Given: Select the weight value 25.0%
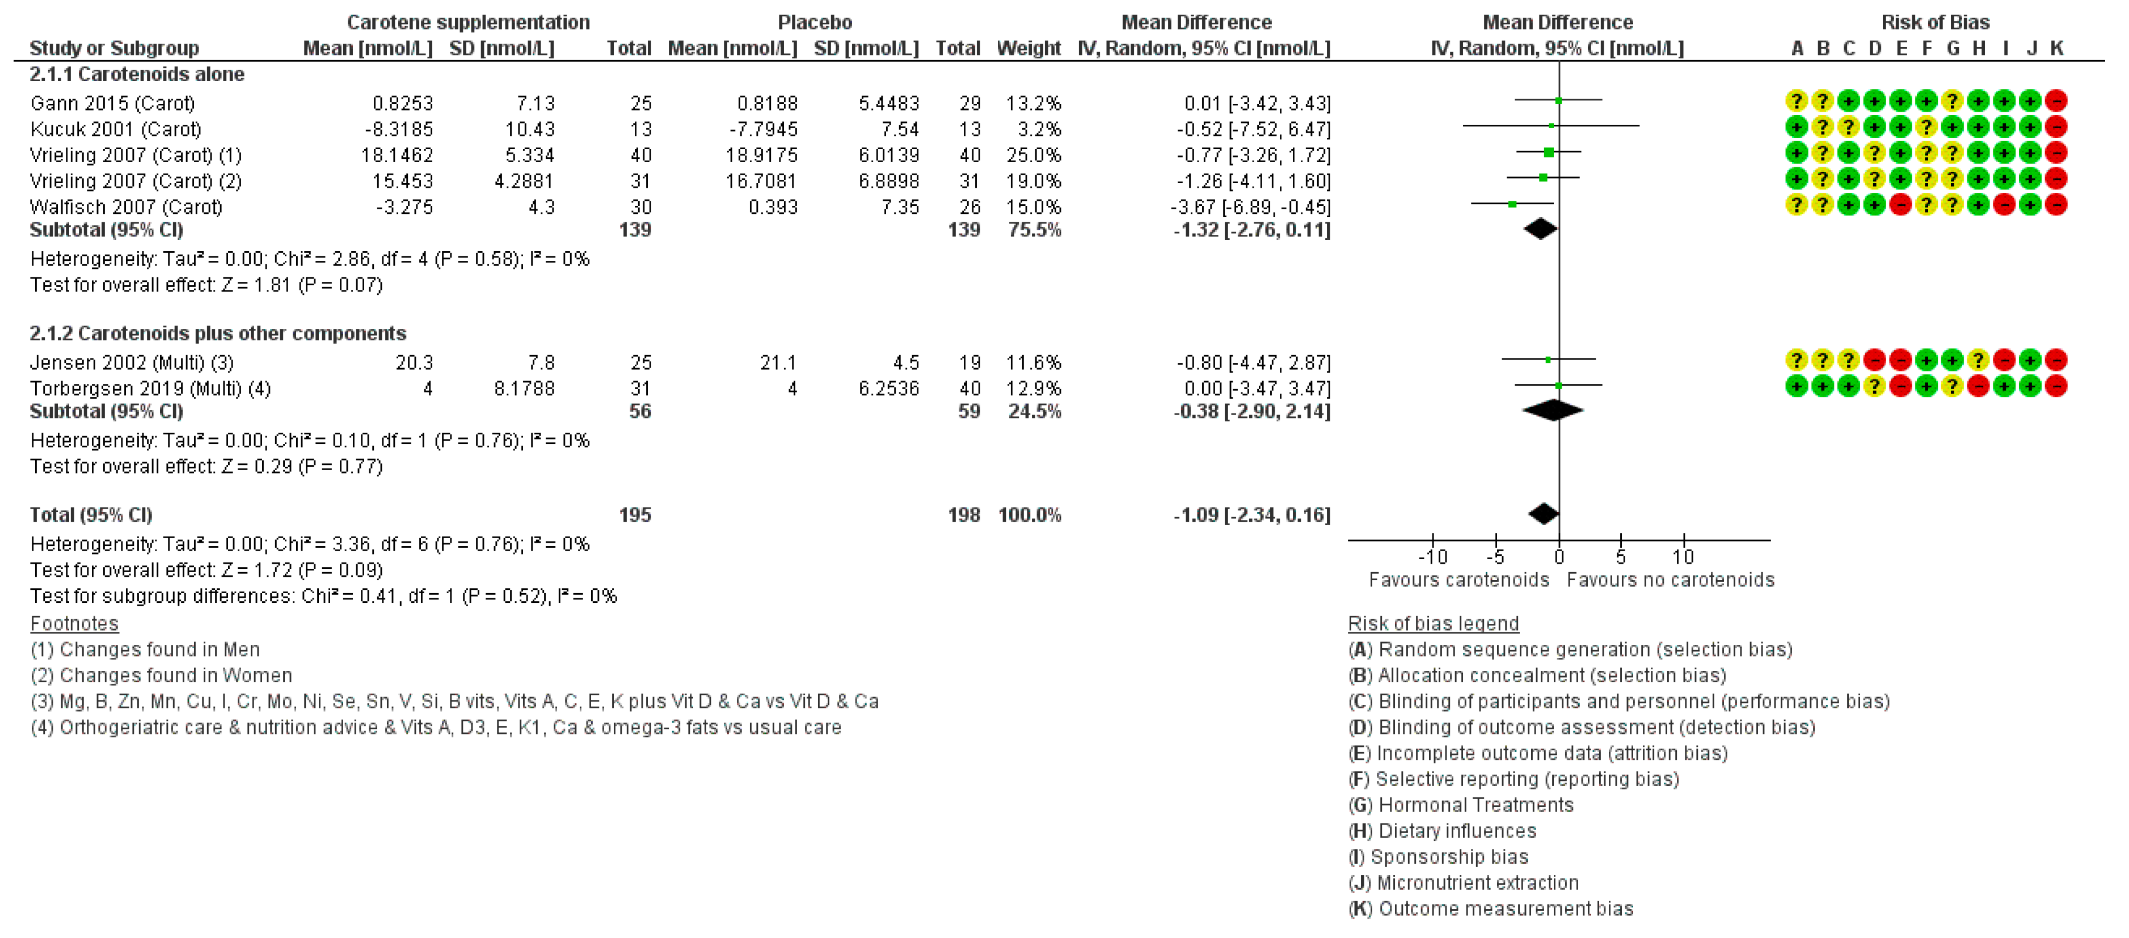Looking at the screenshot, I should [x=1033, y=155].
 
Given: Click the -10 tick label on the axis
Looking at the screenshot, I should [x=1432, y=557].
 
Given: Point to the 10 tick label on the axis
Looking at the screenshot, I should [x=1684, y=557].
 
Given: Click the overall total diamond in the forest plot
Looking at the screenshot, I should [x=1543, y=514].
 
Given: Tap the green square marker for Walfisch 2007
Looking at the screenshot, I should [x=1512, y=204].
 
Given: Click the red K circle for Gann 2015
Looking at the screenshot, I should [x=2056, y=101].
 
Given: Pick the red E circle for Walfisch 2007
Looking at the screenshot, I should [x=1900, y=204].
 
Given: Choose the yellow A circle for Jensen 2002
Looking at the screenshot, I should [x=1796, y=360].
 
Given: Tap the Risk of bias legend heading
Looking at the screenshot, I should [x=1433, y=623].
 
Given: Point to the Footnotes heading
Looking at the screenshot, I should [x=74, y=623].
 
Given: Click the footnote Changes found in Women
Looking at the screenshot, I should [x=175, y=675].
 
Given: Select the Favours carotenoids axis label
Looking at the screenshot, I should [x=1458, y=580].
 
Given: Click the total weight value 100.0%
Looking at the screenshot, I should [x=1029, y=515].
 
